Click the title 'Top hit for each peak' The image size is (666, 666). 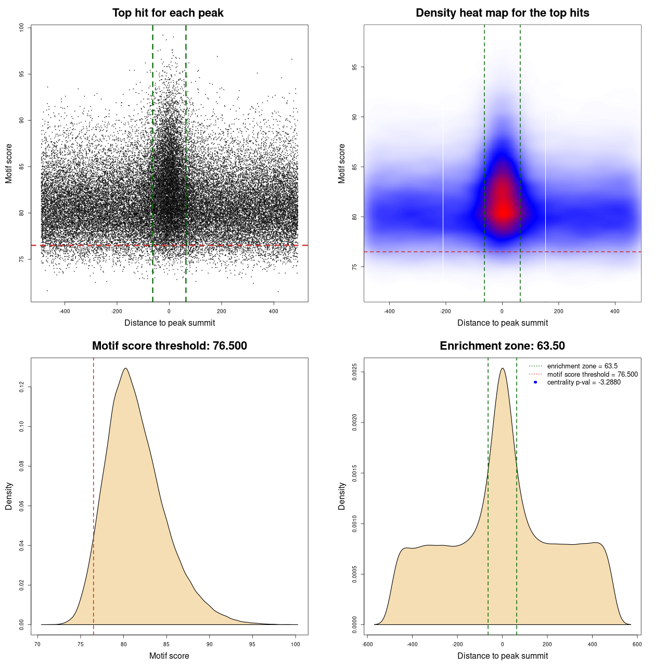[168, 13]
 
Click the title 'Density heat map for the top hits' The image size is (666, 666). [502, 13]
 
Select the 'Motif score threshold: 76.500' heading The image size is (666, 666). [169, 346]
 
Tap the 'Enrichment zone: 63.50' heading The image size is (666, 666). [502, 346]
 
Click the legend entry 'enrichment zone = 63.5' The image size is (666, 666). [582, 366]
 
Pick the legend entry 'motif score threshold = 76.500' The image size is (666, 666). [592, 375]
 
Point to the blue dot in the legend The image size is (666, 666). [535, 382]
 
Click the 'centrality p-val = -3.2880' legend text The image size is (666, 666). [584, 382]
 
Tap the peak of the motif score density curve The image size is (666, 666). [125, 368]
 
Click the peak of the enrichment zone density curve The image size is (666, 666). [502, 368]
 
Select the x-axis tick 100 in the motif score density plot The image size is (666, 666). [296, 644]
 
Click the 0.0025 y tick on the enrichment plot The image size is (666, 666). [355, 372]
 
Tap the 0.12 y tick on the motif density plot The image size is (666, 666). [22, 387]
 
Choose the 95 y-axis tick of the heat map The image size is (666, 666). [355, 67]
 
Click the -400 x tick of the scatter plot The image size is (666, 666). [65, 311]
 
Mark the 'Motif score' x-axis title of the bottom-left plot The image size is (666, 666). [169, 656]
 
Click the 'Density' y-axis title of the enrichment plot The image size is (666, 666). [342, 496]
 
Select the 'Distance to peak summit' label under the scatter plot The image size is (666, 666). [170, 323]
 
